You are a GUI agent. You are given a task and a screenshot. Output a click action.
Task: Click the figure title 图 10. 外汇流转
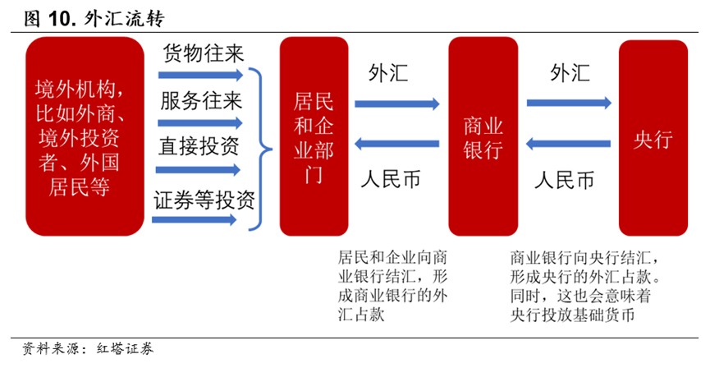[94, 19]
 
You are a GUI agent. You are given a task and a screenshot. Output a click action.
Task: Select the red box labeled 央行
[653, 138]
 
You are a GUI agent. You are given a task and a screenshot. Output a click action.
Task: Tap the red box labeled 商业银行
[483, 136]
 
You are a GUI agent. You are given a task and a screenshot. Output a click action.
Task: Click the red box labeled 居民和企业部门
[314, 136]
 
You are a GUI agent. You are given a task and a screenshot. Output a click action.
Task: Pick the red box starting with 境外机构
[85, 136]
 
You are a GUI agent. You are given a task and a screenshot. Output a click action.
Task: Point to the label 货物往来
[204, 53]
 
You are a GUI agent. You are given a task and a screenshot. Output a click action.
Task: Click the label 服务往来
[201, 101]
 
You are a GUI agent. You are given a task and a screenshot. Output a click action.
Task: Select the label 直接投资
[199, 146]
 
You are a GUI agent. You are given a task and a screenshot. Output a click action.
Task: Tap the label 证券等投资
[204, 200]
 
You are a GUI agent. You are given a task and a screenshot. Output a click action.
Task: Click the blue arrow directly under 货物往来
[200, 75]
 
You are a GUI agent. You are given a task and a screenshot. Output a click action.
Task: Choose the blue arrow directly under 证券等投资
[195, 220]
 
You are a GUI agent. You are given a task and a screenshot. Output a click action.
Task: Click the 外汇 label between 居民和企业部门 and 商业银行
[388, 73]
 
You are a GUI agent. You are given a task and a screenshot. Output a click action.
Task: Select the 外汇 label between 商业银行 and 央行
[570, 72]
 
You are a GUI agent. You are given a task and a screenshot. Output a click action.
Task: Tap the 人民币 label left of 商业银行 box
[391, 179]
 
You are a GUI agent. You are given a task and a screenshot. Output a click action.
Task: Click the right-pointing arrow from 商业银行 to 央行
[569, 103]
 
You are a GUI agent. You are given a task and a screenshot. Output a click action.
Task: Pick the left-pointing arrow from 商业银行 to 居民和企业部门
[396, 144]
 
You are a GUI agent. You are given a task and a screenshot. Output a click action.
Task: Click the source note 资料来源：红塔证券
[88, 348]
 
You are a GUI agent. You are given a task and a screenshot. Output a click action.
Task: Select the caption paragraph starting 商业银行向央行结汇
[585, 287]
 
